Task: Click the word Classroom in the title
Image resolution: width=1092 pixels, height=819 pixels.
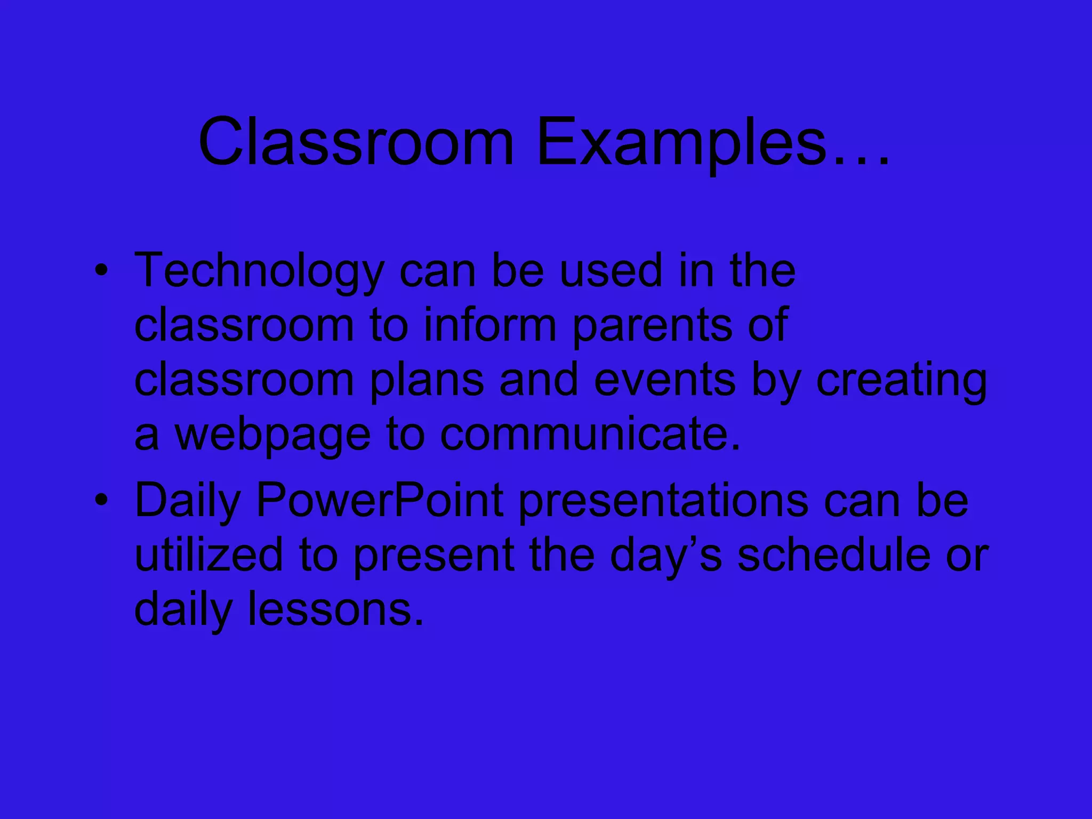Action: point(356,143)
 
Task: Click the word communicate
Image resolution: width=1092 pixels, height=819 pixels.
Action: point(590,435)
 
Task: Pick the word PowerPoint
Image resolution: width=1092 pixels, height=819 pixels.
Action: point(380,501)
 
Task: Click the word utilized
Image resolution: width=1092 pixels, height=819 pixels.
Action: point(208,555)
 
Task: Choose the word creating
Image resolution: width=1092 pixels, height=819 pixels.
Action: point(901,381)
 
